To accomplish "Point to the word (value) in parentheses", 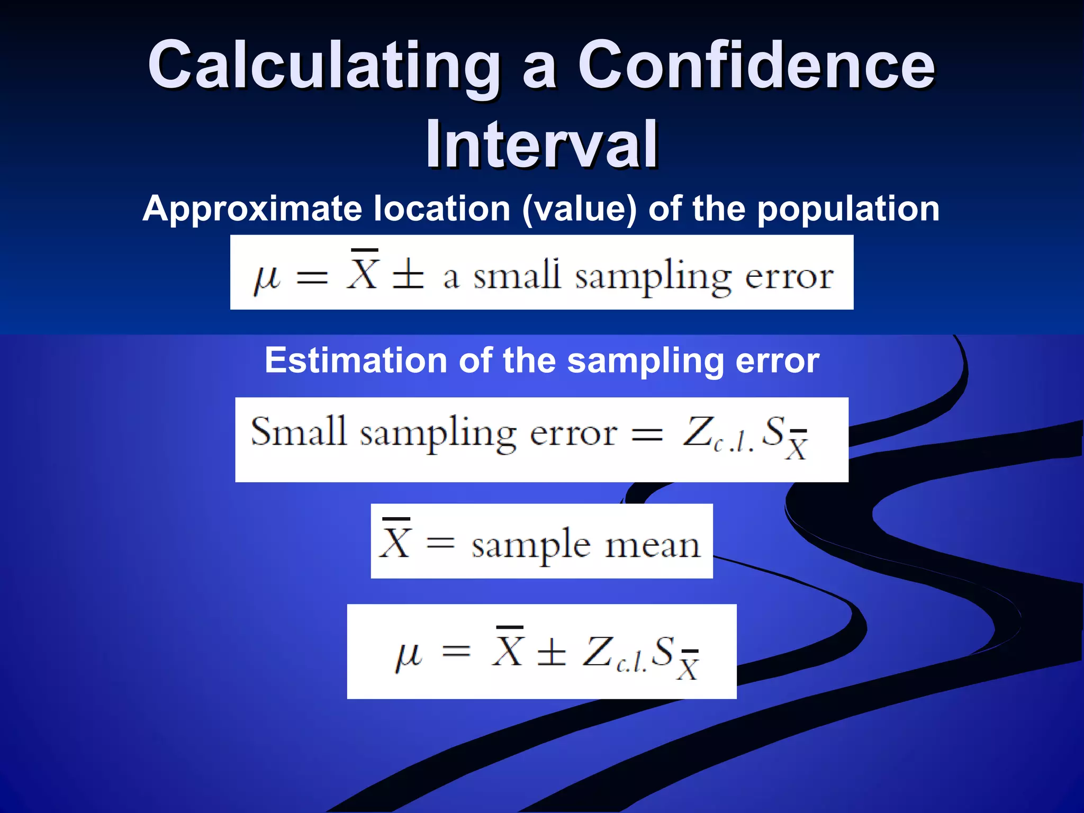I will pyautogui.click(x=580, y=209).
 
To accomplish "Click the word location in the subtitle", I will pyautogui.click(x=441, y=209).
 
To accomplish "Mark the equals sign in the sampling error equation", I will pyautogui.click(x=647, y=435).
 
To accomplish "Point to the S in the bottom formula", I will pyautogui.click(x=662, y=651).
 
